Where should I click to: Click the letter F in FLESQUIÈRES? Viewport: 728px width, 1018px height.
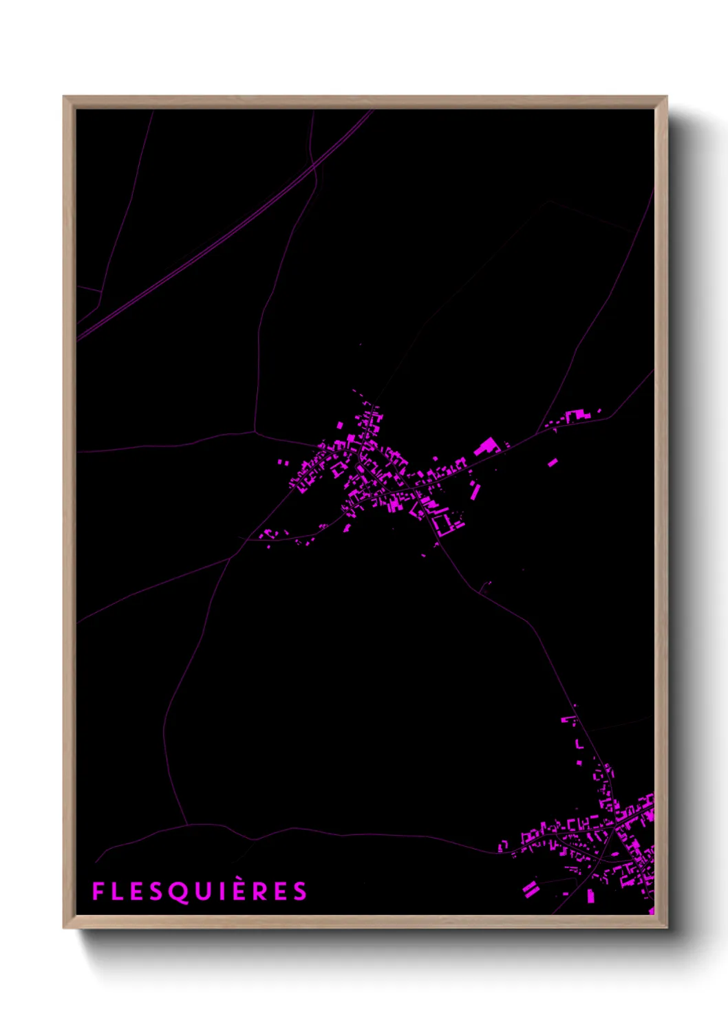[x=98, y=891]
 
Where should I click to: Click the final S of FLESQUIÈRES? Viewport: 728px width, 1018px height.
[x=299, y=891]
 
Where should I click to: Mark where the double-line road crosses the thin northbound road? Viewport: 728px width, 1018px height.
[x=314, y=166]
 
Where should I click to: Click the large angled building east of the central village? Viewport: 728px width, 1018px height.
[x=486, y=446]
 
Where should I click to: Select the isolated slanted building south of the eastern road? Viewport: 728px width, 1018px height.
[x=553, y=462]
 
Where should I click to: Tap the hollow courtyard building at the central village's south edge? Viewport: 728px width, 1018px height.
[x=442, y=524]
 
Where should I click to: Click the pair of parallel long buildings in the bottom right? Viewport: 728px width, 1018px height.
[x=530, y=889]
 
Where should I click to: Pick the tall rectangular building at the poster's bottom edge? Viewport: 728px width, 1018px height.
[x=590, y=895]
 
